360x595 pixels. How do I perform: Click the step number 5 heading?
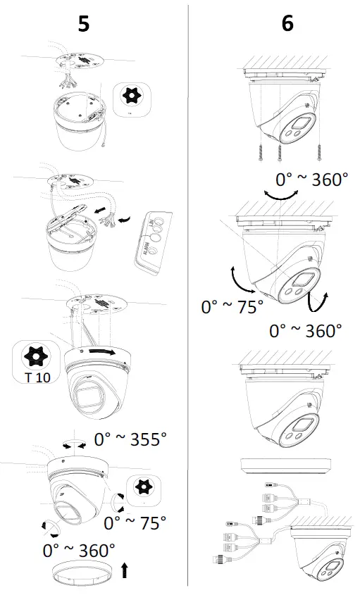83,23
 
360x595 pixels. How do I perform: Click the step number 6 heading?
287,23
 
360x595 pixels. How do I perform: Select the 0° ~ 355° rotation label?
130,440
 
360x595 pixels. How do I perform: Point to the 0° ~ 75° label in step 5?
135,523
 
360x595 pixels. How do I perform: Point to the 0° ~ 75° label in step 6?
232,307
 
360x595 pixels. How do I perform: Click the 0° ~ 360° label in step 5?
78,549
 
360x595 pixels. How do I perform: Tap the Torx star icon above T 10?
32,356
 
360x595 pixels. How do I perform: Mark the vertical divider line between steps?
187,296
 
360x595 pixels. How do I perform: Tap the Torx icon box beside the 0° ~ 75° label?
143,491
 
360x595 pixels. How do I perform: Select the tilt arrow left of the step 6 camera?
240,280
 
